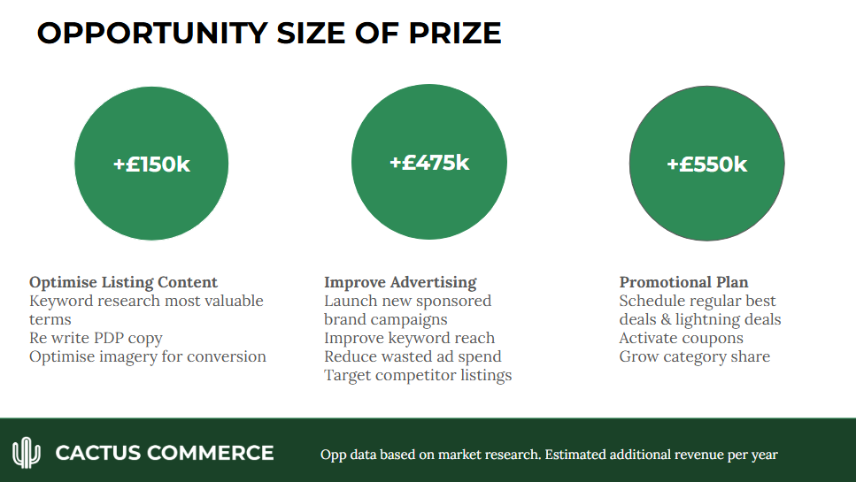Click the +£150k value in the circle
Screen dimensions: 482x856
(151, 164)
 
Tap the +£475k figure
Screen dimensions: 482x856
(429, 163)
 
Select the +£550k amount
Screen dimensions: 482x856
(706, 164)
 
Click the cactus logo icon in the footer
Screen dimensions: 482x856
(27, 453)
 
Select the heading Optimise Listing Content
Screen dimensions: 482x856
(123, 283)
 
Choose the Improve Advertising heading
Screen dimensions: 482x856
(400, 283)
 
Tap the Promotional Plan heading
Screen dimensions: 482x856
(683, 283)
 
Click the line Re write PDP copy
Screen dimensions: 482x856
(96, 338)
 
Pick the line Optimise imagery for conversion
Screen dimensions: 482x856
(147, 356)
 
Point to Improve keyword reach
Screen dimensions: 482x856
(409, 338)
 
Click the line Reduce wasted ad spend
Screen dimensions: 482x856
(413, 356)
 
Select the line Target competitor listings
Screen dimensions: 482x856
(418, 375)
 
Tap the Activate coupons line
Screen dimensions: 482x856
(681, 338)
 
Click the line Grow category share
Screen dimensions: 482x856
(694, 356)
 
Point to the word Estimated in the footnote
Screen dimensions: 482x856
(580, 455)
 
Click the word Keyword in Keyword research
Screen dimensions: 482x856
(58, 302)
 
